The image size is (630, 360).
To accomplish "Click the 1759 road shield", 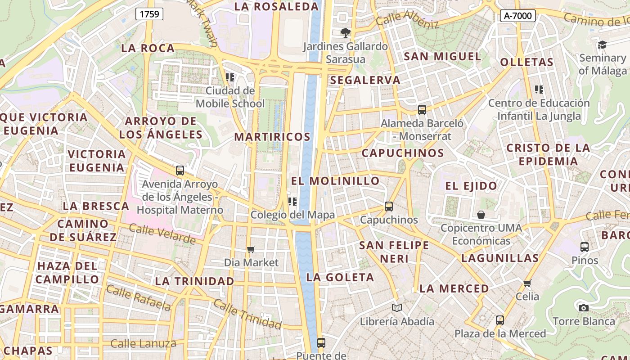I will tap(149, 14).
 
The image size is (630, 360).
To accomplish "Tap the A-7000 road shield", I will tap(517, 16).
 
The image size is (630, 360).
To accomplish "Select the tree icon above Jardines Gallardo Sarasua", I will tap(346, 32).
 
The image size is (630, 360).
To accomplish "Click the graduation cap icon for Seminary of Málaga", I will tap(602, 45).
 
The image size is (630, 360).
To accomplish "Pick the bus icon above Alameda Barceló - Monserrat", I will tap(422, 109).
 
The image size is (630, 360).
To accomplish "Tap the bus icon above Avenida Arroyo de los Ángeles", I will tap(180, 171).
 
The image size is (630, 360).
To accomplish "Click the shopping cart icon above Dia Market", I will tap(251, 249).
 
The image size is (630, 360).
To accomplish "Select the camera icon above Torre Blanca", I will tap(584, 308).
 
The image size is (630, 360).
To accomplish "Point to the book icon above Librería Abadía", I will tap(397, 308).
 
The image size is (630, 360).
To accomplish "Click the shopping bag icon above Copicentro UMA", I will tap(481, 214).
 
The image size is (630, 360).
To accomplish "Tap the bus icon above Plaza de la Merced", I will tap(500, 320).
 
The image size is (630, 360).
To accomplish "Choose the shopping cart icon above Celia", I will tap(527, 283).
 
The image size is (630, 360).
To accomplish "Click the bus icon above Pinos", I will tap(585, 247).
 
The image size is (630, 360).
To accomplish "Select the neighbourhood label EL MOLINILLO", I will tap(335, 181).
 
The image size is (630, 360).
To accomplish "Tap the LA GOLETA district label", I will tap(340, 277).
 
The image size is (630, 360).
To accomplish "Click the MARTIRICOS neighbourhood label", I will tap(272, 137).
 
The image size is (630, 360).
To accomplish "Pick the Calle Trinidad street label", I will tap(247, 314).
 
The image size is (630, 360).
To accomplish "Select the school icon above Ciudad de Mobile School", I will tap(230, 77).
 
